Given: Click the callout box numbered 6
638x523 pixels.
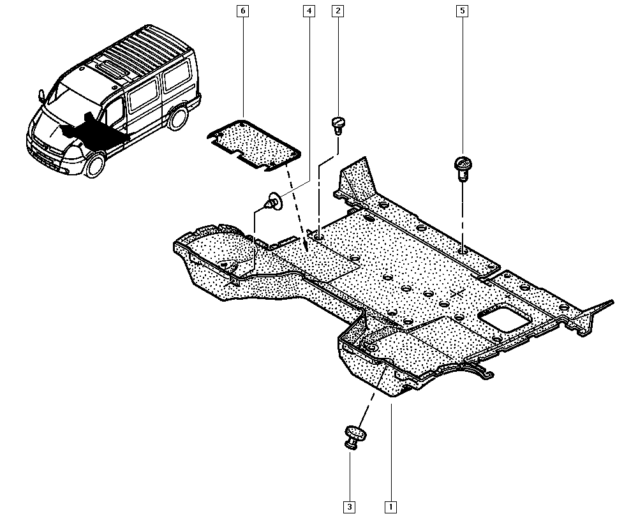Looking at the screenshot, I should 243,11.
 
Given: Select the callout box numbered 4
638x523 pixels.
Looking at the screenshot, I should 309,11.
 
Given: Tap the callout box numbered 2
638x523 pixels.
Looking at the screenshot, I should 338,11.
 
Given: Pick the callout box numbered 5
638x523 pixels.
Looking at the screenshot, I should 461,11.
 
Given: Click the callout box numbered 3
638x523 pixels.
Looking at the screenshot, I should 349,507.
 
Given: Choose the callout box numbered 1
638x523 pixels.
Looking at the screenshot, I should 390,507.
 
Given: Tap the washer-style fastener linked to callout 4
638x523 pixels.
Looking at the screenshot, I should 273,202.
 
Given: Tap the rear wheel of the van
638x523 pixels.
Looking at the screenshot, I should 179,117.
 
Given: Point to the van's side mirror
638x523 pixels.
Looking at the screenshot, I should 42,96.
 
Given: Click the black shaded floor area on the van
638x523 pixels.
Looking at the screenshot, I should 96,131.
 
